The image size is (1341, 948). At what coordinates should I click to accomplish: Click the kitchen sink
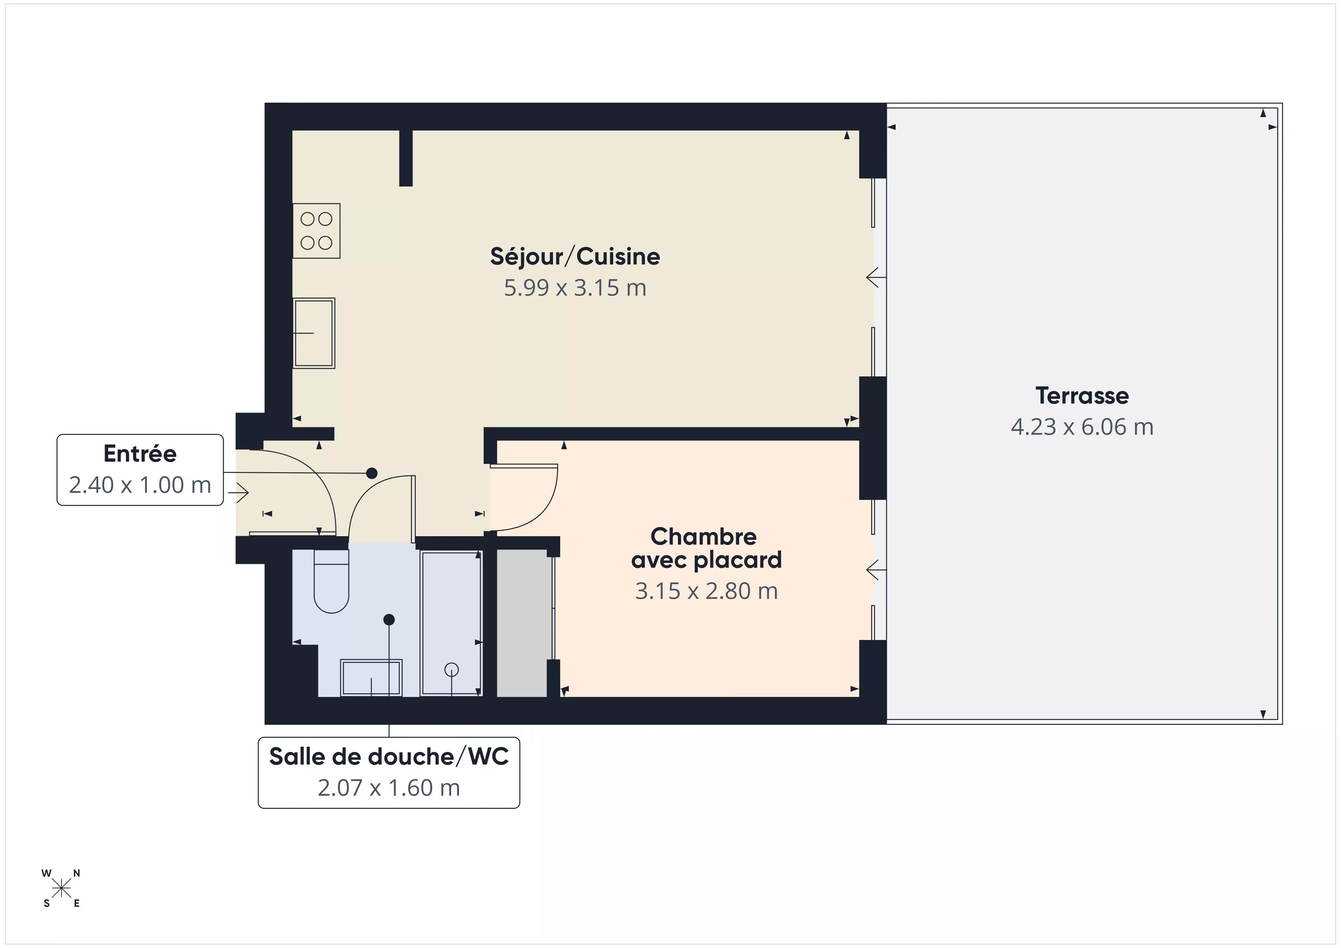[314, 333]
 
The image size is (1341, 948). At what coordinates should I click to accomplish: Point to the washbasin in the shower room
[372, 678]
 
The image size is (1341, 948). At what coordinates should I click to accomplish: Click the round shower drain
[451, 669]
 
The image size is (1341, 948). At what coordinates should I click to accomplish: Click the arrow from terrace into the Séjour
[875, 277]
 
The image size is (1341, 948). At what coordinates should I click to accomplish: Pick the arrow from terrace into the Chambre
[875, 570]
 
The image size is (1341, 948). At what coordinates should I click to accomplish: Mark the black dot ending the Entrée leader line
[372, 473]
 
